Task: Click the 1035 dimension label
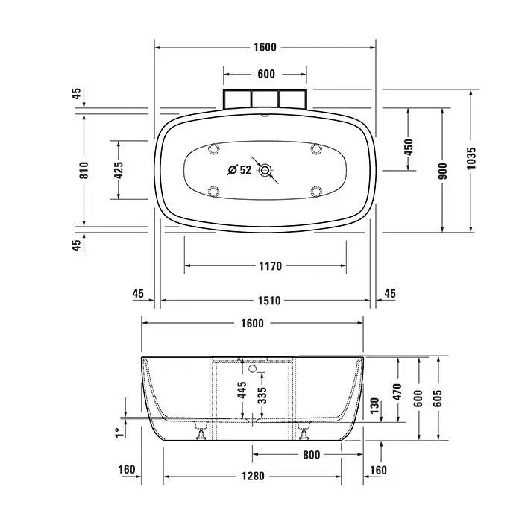pos(471,158)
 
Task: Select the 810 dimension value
pos(84,170)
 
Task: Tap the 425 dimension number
pos(119,170)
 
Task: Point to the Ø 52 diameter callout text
pos(239,170)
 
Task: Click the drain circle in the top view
pos(265,170)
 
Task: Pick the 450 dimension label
pos(409,148)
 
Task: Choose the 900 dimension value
pos(443,171)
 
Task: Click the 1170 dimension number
pos(270,266)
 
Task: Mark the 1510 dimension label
pos(269,301)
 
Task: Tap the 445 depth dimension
pos(242,390)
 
